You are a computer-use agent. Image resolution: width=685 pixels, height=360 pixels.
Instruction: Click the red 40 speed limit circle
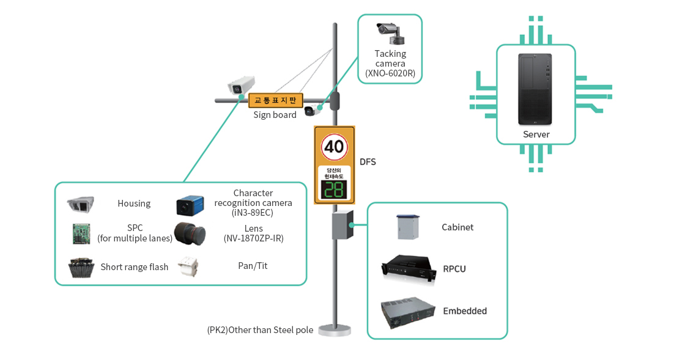point(335,147)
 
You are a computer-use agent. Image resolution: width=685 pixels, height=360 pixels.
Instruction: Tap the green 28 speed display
point(334,190)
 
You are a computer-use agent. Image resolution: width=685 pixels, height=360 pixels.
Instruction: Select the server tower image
point(535,90)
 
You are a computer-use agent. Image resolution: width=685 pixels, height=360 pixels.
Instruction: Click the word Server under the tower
point(536,134)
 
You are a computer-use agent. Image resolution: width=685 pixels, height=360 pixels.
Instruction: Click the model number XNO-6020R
point(390,73)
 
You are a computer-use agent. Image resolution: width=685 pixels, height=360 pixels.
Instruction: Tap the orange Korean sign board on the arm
point(275,100)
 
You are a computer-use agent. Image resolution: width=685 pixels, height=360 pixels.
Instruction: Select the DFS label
point(368,162)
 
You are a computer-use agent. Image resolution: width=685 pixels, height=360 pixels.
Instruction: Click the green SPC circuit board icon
point(81,233)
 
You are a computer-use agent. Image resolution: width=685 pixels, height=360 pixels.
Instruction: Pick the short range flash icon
point(81,267)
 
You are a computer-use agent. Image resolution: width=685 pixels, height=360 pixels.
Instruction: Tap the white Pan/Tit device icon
point(188,266)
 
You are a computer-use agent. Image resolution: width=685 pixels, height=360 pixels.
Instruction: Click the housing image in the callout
point(81,204)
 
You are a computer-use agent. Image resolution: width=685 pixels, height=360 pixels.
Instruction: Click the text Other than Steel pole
point(260,330)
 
